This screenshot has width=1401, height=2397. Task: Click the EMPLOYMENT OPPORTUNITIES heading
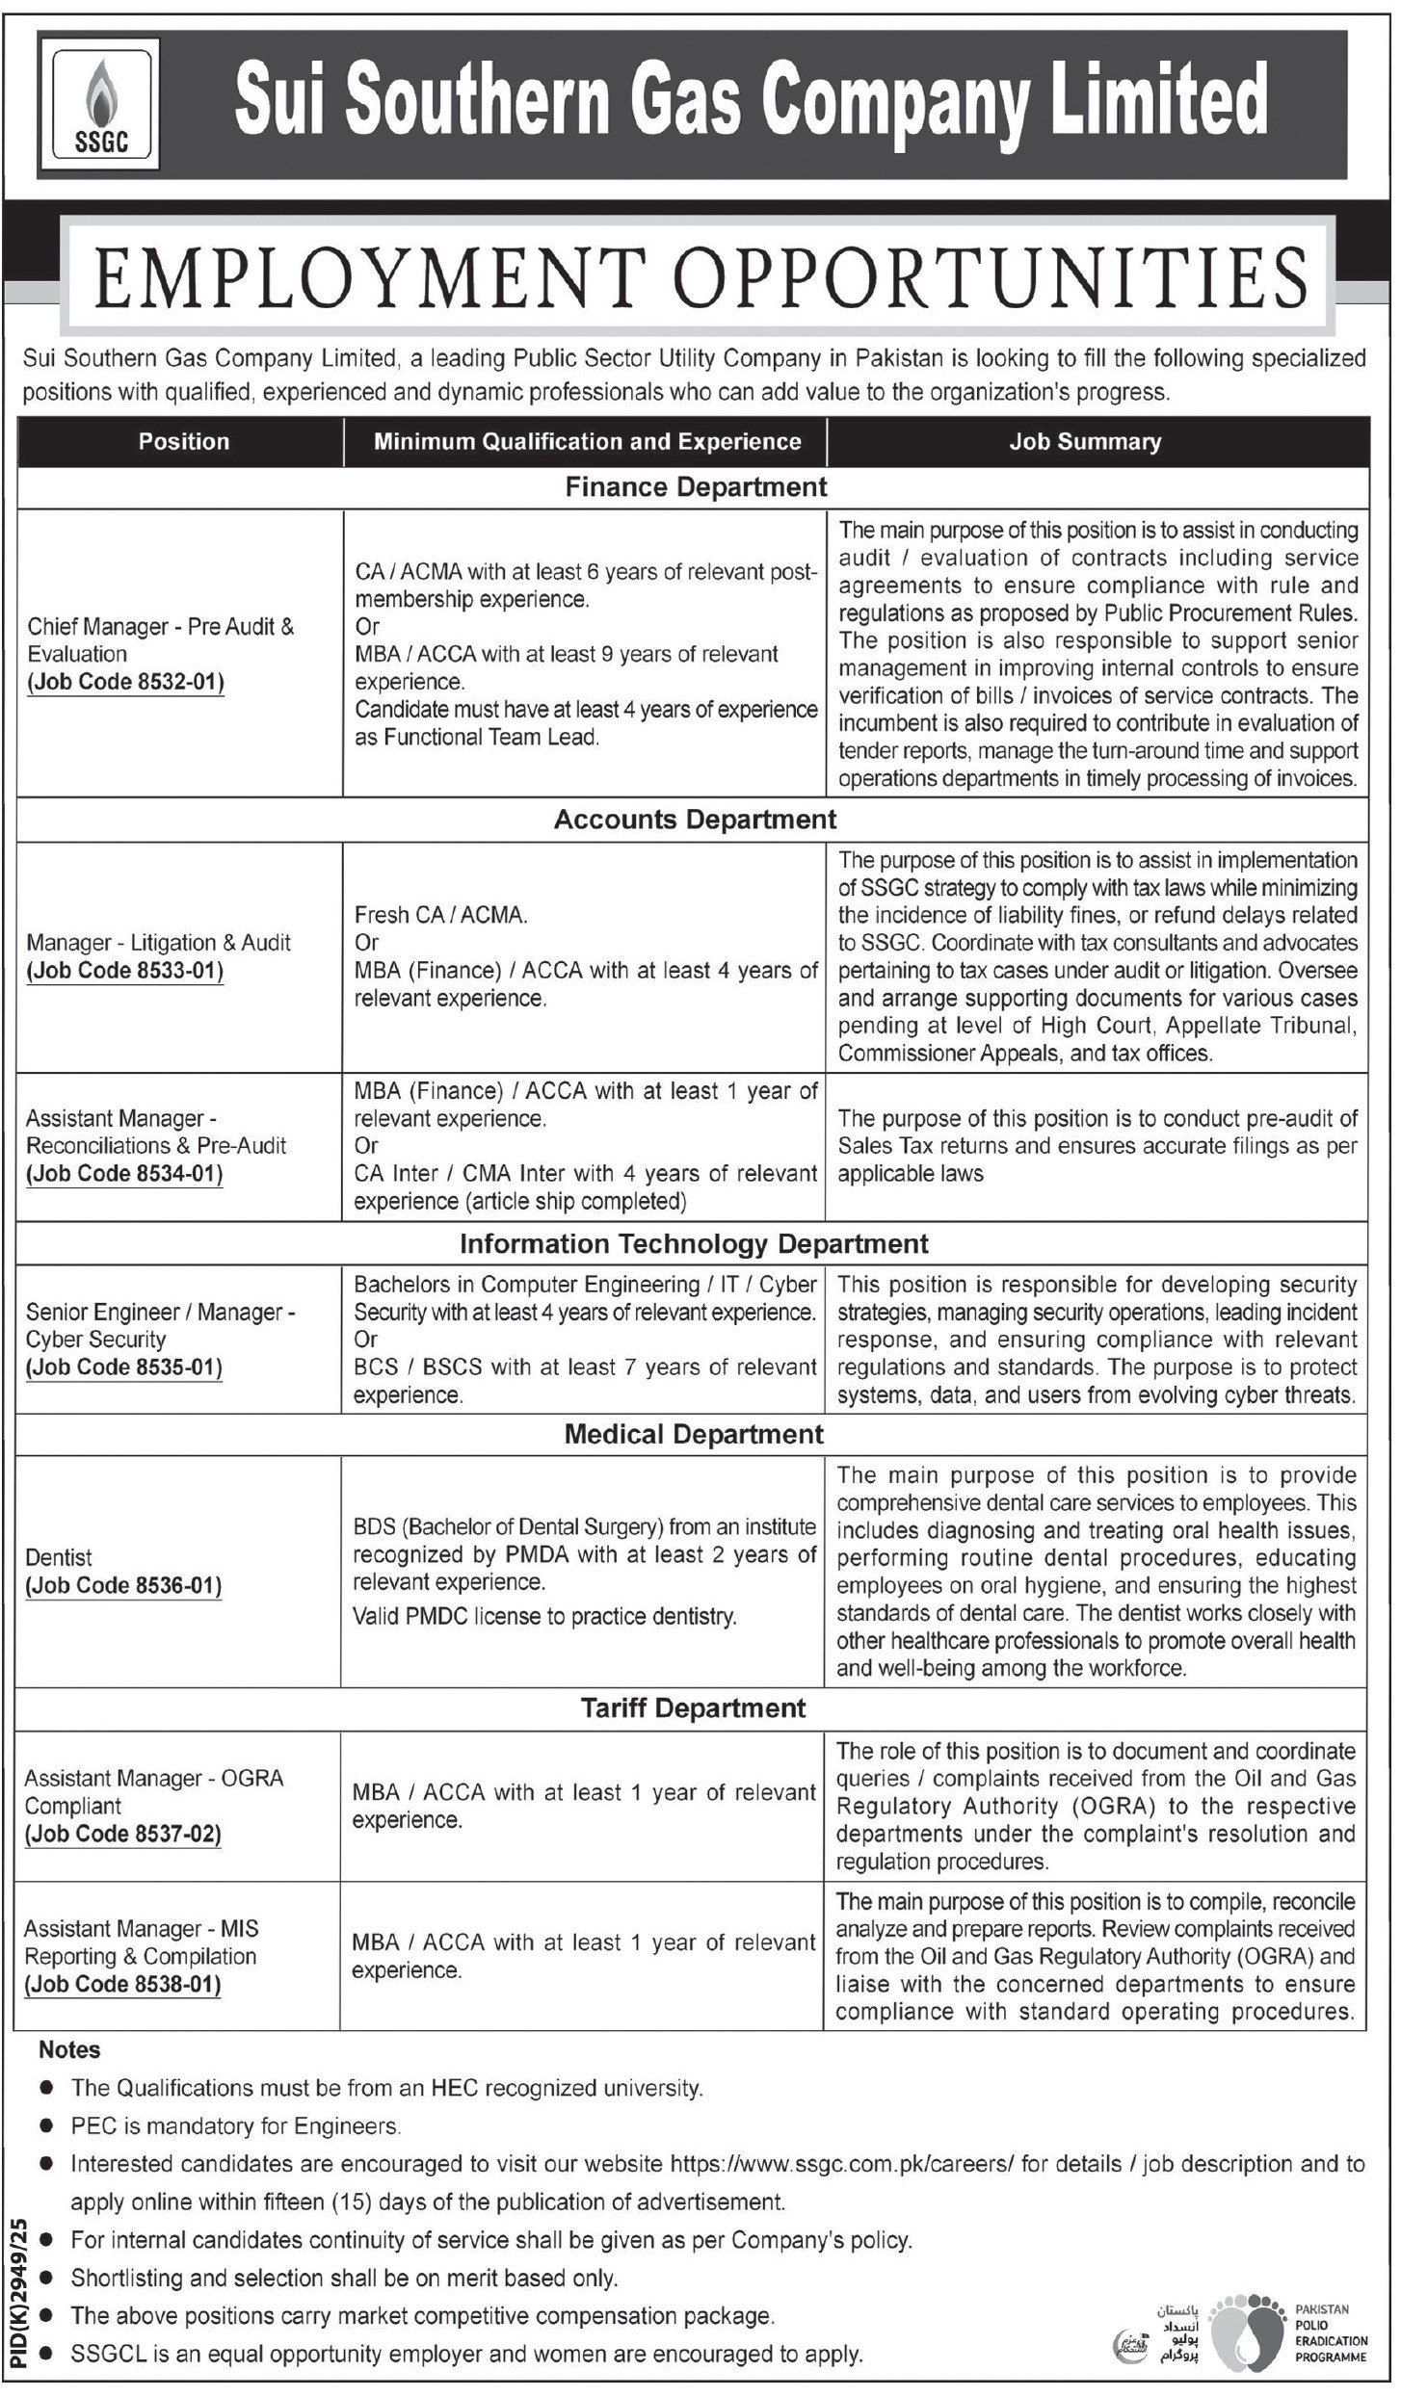coord(700,277)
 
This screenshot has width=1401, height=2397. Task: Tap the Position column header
coord(183,442)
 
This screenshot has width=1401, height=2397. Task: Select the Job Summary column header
coord(1085,442)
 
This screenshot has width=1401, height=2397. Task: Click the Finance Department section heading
coord(696,487)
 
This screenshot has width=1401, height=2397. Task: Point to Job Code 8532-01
coord(125,683)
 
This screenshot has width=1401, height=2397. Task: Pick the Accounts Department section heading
coord(695,820)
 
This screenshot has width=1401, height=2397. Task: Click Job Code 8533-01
coord(125,971)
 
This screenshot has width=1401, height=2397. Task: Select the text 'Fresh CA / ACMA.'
coord(440,915)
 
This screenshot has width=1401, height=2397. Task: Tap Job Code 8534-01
coord(124,1174)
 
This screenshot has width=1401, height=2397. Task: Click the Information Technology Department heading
coord(694,1244)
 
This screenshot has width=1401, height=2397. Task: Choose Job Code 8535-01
coord(124,1368)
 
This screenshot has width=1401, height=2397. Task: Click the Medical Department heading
coord(694,1435)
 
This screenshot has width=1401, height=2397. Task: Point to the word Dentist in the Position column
coord(59,1558)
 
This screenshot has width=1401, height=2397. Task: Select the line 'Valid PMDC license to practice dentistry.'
coord(544,1617)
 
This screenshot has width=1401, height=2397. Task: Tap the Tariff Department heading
coord(693,1709)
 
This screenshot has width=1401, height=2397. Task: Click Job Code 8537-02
coord(123,1835)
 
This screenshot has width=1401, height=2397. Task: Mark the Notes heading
coord(69,2050)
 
